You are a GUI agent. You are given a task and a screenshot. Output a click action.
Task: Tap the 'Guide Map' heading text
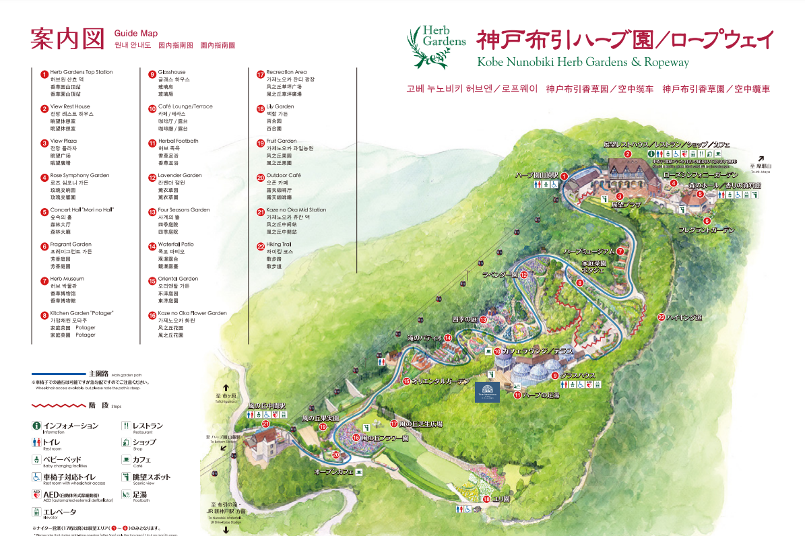point(135,33)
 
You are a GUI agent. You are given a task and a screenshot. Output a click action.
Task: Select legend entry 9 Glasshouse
point(172,72)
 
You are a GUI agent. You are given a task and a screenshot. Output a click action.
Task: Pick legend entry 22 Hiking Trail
point(278,244)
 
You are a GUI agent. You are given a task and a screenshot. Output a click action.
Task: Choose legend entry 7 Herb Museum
point(67,279)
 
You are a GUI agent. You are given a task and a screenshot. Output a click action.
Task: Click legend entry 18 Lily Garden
point(280,107)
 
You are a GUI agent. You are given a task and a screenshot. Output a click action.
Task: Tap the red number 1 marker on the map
point(565,176)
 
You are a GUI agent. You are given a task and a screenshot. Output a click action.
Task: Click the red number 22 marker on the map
point(662,316)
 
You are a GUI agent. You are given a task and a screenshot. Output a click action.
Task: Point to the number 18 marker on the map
point(486,499)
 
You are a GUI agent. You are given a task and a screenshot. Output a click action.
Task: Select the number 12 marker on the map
point(523,275)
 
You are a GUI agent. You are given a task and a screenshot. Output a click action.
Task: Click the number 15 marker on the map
point(407,382)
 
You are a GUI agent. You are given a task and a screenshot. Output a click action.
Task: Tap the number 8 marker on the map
point(580,283)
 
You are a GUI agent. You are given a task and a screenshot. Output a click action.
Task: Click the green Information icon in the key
point(36,426)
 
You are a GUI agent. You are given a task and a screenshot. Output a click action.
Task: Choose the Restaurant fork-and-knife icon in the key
point(126,426)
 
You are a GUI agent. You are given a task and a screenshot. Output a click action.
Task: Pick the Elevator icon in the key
point(36,512)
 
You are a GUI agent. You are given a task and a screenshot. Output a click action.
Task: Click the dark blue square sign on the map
point(487,392)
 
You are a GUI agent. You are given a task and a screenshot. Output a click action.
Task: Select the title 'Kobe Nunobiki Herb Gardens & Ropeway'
point(583,63)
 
